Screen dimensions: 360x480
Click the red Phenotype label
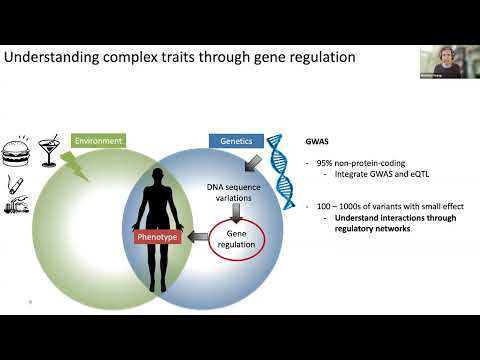tap(157, 237)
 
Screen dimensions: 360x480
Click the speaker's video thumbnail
tap(438, 62)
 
